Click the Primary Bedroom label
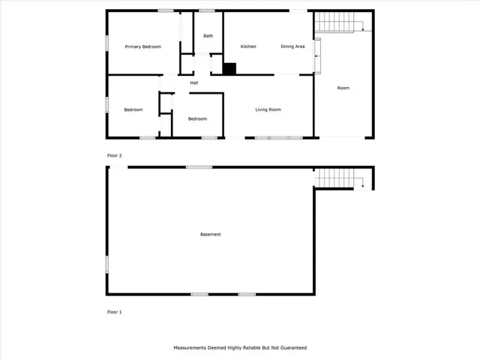point(142,46)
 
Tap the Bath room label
point(208,36)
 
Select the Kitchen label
point(248,46)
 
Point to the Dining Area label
point(292,46)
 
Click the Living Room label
point(268,110)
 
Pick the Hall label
point(194,82)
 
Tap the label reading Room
point(343,88)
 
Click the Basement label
point(211,235)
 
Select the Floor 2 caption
point(114,155)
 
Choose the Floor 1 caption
point(114,310)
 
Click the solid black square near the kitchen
point(229,69)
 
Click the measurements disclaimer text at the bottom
point(240,348)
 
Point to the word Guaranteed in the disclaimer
point(292,348)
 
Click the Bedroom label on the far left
point(133,110)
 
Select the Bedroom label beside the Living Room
point(197,118)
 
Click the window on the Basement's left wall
point(106,264)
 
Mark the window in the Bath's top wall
point(206,10)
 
